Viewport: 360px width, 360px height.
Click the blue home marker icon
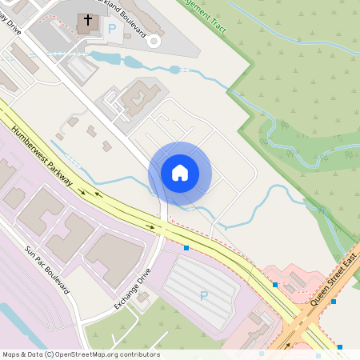click(180, 172)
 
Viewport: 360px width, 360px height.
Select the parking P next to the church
click(112, 28)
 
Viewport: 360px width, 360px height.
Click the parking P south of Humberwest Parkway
click(203, 295)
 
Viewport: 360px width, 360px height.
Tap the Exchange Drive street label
click(132, 289)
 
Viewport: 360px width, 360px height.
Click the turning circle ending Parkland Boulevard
click(154, 40)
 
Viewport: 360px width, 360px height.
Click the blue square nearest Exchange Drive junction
click(186, 248)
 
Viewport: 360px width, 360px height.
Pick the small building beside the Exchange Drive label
click(143, 297)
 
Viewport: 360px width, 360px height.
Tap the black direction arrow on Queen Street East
click(288, 346)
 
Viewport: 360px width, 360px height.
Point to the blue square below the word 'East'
click(334, 302)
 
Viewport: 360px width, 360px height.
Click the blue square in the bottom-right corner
click(340, 346)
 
